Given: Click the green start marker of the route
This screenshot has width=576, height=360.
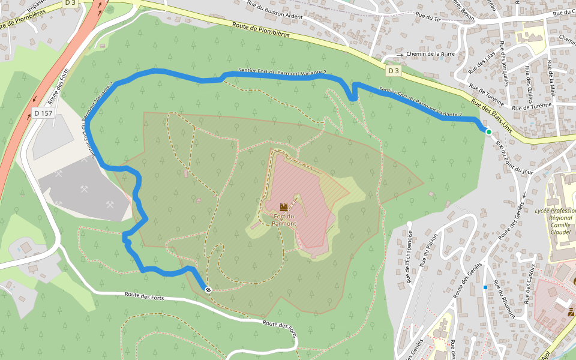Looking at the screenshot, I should coord(488,132).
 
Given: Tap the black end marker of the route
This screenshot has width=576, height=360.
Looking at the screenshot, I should coord(208,290).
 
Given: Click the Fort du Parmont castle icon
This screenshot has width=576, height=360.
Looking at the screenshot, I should coord(284,206).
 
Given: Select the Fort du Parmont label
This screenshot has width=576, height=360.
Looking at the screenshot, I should coord(284,220).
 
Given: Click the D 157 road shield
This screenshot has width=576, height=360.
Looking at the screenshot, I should coord(44,112).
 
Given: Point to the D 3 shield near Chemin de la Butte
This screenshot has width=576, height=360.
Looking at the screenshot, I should coord(393,71).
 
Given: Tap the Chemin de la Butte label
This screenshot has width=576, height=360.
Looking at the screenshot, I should coord(430,54).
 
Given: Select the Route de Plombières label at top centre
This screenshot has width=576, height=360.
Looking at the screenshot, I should coord(262,30).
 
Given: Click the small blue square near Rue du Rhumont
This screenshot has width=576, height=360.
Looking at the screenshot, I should coord(485,287).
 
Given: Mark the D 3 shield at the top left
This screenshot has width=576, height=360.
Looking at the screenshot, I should coord(71,3).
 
